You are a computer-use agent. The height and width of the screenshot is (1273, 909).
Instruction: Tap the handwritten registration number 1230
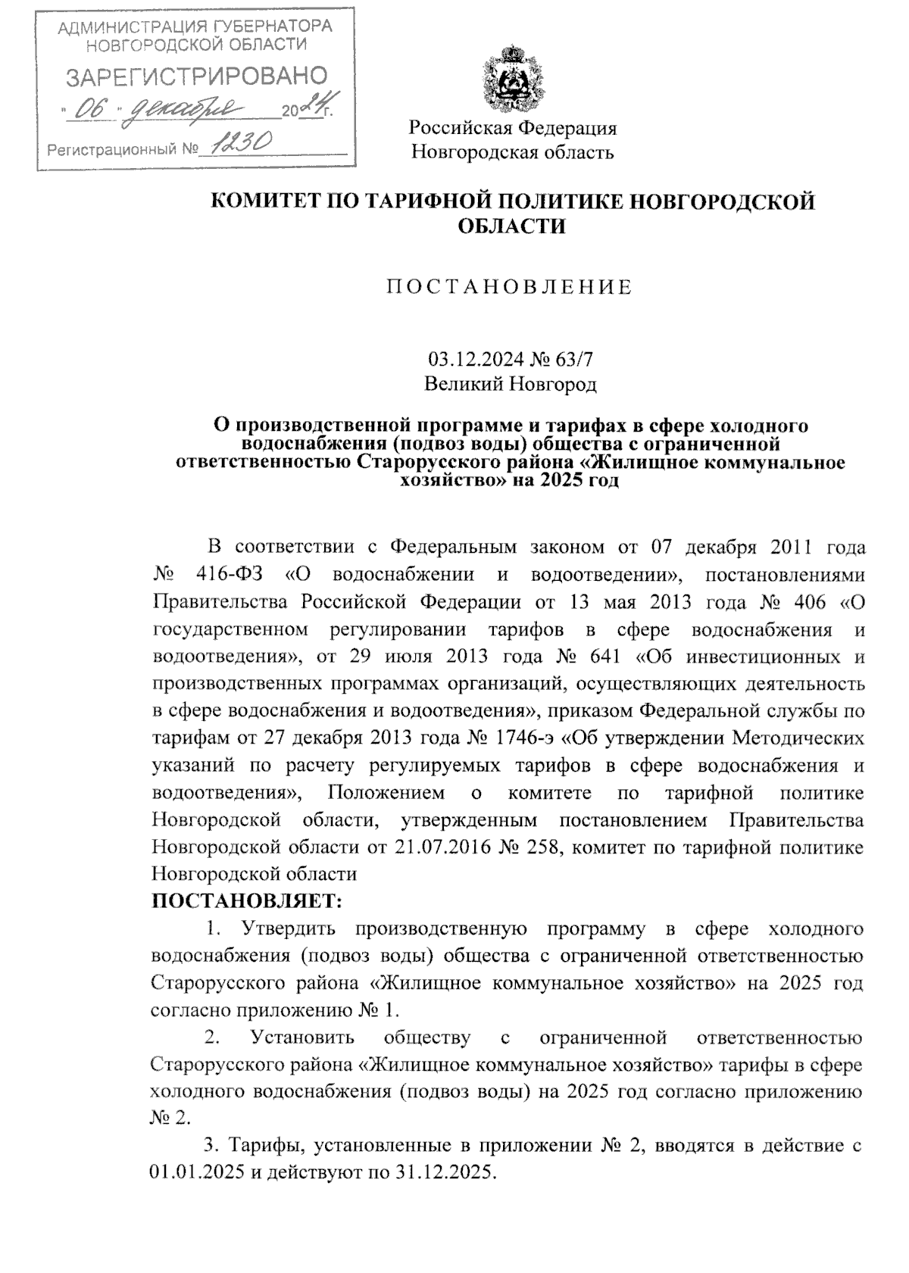click(x=236, y=143)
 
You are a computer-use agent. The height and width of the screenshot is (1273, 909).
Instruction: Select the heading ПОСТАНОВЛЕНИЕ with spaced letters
click(x=510, y=287)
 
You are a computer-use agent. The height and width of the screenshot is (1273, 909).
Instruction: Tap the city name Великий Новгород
click(x=510, y=384)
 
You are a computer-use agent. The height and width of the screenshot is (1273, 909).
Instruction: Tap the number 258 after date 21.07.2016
click(x=540, y=846)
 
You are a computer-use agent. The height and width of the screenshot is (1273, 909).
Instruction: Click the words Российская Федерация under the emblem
click(x=513, y=127)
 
